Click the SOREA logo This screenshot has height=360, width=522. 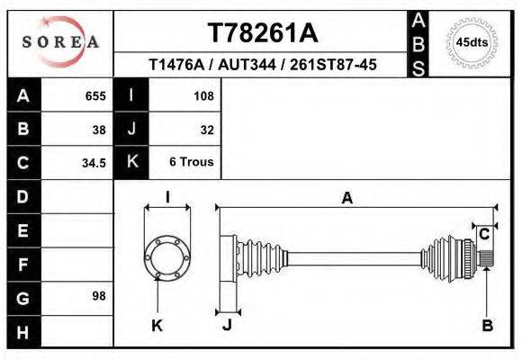(60, 42)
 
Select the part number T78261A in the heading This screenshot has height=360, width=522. (262, 33)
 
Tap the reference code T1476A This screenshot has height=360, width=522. (177, 65)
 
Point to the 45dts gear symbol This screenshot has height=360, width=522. (472, 41)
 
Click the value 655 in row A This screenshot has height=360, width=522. (95, 95)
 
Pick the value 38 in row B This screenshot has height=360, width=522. (99, 129)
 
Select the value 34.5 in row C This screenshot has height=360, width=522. (94, 163)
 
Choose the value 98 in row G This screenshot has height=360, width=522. (99, 296)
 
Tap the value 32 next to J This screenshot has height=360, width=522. (207, 129)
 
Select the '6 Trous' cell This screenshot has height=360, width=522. (192, 163)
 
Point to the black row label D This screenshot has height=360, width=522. (23, 196)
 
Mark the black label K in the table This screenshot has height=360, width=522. (132, 163)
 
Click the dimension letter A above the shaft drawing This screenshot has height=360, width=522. (346, 199)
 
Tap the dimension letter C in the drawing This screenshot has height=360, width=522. (483, 234)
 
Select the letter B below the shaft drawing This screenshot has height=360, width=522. (487, 325)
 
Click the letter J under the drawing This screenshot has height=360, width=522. (227, 325)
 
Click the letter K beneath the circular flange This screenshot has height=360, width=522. (157, 325)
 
